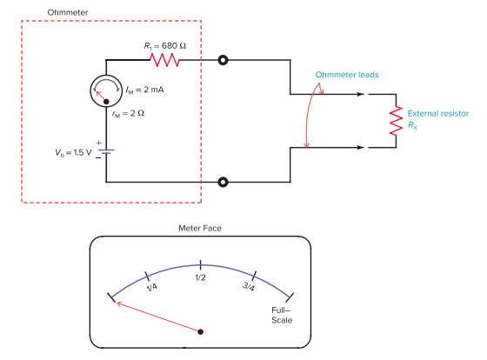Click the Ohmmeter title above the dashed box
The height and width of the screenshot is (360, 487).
68,11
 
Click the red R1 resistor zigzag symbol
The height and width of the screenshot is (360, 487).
164,61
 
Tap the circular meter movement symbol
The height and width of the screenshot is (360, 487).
106,90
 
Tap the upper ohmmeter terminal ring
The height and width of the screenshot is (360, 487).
224,61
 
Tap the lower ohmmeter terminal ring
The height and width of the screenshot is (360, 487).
224,182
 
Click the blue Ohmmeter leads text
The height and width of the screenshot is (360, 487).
347,74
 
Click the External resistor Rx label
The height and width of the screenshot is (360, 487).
437,119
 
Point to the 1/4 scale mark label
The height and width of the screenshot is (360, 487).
152,286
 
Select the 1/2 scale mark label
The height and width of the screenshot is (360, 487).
200,277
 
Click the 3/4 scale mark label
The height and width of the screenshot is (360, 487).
247,286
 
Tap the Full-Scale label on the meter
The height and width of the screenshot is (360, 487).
280,315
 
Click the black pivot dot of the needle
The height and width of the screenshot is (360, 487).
201,331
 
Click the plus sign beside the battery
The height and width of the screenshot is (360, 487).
98,141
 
